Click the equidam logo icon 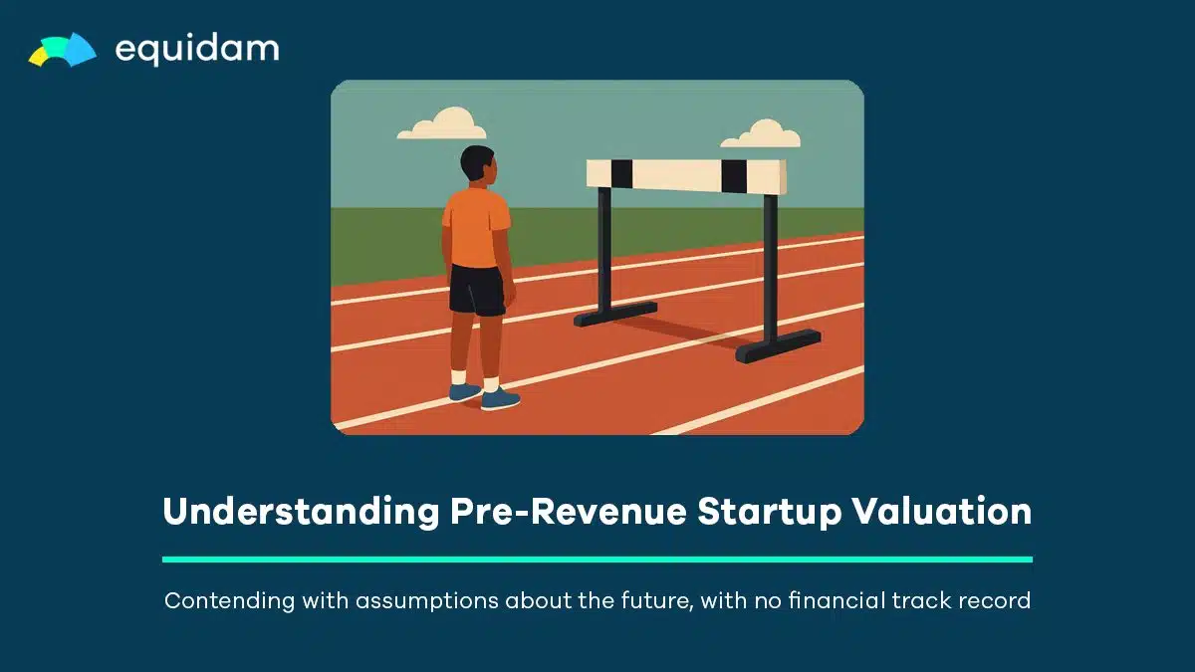63,50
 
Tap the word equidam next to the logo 197,50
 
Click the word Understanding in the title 301,511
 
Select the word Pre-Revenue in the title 569,511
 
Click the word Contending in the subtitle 229,601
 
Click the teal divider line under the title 597,560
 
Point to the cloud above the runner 442,123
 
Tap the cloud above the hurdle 761,133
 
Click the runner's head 479,163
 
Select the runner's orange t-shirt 476,227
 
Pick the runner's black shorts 476,291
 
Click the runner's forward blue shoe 500,399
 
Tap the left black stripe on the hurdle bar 621,174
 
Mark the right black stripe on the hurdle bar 734,176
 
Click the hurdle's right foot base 779,346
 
